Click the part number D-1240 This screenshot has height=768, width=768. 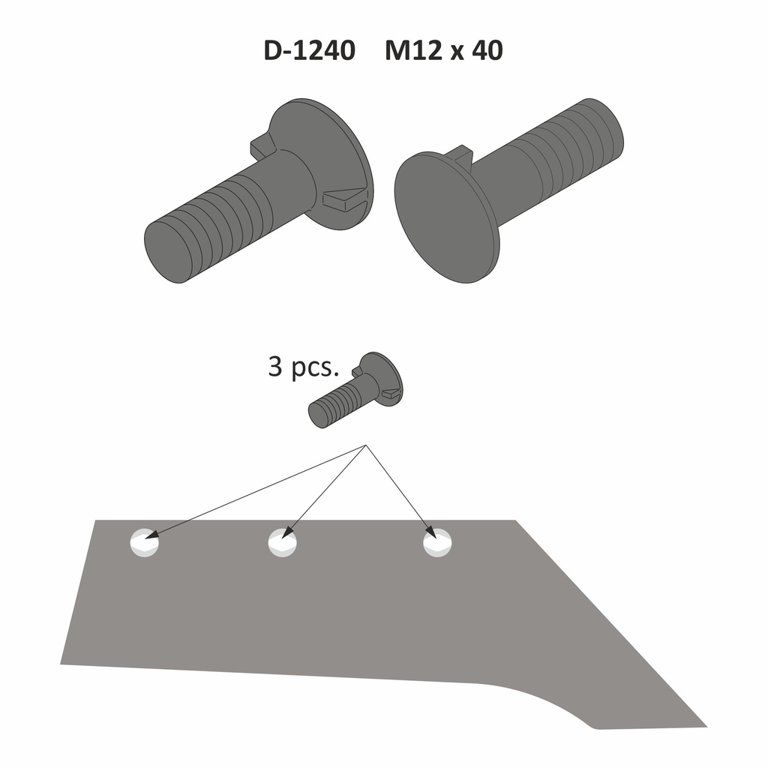coord(309,51)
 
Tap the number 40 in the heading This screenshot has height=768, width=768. coord(487,51)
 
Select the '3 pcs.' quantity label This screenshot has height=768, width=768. coord(304,368)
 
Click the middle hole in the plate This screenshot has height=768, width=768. coord(282,542)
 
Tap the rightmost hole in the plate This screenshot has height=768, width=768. coord(437,542)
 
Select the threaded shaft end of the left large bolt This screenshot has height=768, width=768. coord(171,251)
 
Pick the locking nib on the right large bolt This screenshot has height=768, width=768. coord(458,153)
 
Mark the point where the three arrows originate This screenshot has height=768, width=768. coord(365,445)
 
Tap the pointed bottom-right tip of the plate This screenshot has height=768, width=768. coord(703,725)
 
